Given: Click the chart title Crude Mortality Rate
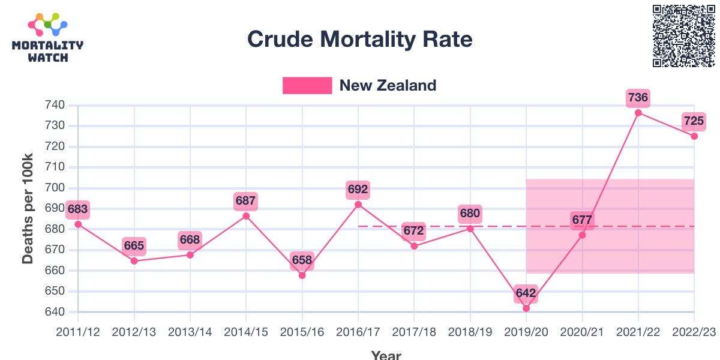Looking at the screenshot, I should (359, 40).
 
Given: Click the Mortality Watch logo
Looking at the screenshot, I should (47, 38).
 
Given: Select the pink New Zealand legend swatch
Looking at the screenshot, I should (307, 85).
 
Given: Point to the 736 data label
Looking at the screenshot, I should (638, 97).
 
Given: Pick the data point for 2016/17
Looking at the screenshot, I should (358, 205).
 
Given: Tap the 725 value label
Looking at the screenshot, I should (694, 121).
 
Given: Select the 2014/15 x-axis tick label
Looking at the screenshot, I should (246, 331).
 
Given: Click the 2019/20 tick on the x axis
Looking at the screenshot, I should (526, 331).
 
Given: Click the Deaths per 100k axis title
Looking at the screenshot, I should (28, 209).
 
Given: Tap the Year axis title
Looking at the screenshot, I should (386, 355).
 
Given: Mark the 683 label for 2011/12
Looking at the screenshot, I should (78, 209).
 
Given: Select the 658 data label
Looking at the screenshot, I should (302, 260).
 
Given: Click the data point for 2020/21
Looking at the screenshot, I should (582, 235).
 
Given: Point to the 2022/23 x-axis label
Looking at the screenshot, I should (693, 331).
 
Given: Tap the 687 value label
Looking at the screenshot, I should (246, 201).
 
